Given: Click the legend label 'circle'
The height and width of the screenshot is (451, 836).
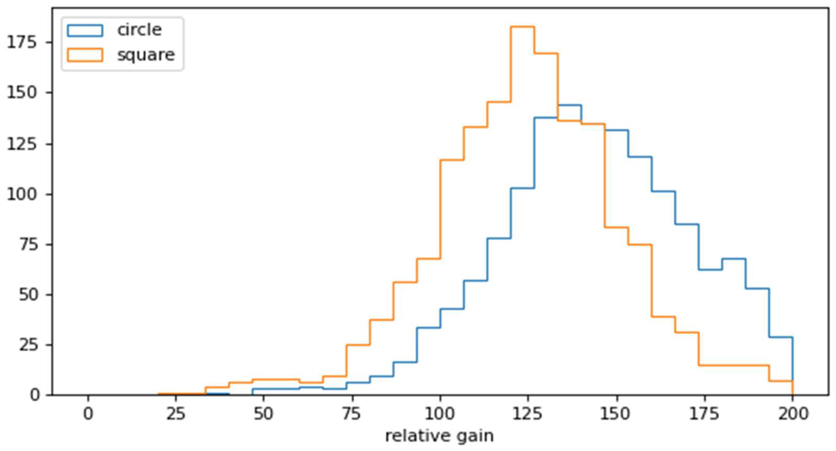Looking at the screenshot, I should pos(139,30).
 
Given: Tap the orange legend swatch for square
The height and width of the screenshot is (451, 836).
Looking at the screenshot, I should pos(85,55).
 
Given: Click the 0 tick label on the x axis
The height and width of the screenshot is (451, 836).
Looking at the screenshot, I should pos(88,414).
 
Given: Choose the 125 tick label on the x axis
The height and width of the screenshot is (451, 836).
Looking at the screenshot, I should pos(528,414).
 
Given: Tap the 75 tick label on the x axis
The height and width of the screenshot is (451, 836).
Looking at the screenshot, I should pos(352,414).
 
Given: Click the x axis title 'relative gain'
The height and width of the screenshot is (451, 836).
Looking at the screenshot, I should pos(439,436).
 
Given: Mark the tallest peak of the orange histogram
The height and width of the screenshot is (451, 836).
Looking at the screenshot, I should pos(523,27).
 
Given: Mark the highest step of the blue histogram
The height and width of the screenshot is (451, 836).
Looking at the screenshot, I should pos(570,105).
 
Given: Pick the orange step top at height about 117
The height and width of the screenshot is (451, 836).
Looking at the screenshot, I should pos(452,160).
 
